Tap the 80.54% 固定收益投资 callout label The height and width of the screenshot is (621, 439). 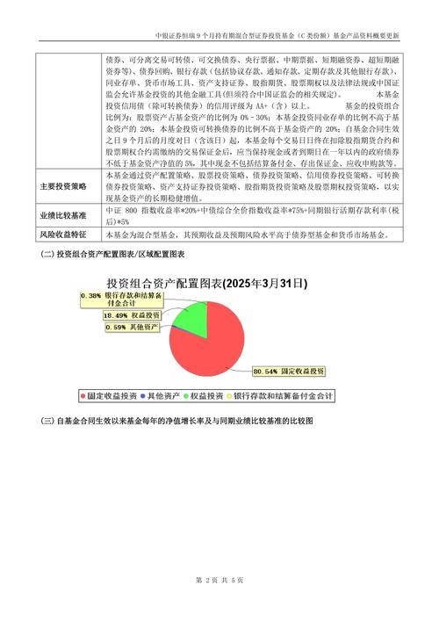(x=288, y=371)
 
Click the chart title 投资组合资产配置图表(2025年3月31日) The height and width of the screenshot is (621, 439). (x=206, y=283)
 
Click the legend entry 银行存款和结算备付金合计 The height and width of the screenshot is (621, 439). (x=288, y=396)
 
